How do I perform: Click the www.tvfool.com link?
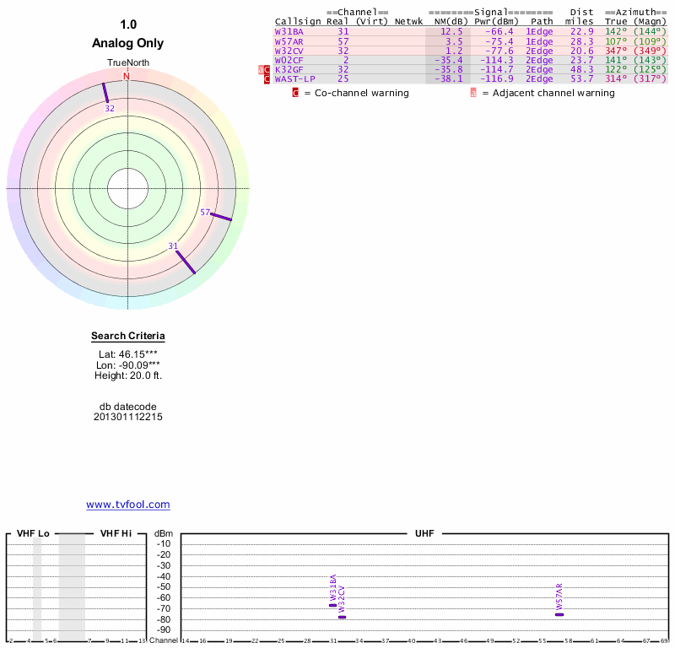pyautogui.click(x=128, y=505)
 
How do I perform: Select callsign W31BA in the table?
pyautogui.click(x=289, y=31)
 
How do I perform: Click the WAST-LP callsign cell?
pyautogui.click(x=294, y=78)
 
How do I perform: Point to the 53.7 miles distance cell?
pyautogui.click(x=582, y=78)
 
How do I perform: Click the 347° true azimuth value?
pyautogui.click(x=616, y=51)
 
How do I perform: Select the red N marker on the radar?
pyautogui.click(x=127, y=77)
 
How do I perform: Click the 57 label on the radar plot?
pyautogui.click(x=205, y=213)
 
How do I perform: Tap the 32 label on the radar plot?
pyautogui.click(x=110, y=109)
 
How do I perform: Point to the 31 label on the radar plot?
pyautogui.click(x=173, y=246)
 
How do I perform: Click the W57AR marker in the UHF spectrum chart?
pyautogui.click(x=559, y=614)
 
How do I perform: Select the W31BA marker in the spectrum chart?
pyautogui.click(x=332, y=605)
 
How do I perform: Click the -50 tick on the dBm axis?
pyautogui.click(x=164, y=587)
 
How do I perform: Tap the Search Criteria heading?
pyautogui.click(x=128, y=336)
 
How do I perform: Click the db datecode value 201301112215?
pyautogui.click(x=128, y=417)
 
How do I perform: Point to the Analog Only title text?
pyautogui.click(x=128, y=43)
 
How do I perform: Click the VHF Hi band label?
pyautogui.click(x=116, y=533)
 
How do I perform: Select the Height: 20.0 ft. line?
pyautogui.click(x=128, y=375)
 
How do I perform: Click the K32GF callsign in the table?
pyautogui.click(x=289, y=69)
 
